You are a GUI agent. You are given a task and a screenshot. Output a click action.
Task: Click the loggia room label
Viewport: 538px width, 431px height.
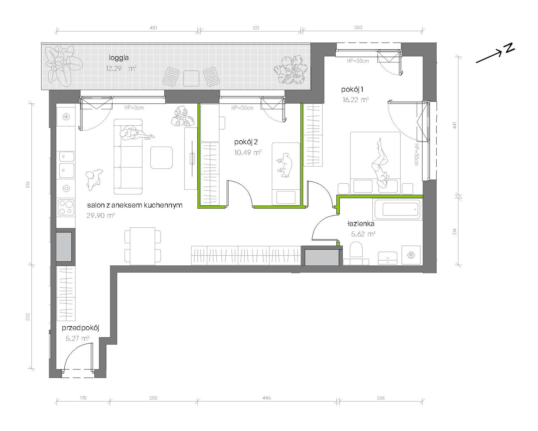click(x=119, y=58)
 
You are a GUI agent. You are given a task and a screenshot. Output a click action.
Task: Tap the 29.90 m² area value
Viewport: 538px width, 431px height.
click(x=101, y=216)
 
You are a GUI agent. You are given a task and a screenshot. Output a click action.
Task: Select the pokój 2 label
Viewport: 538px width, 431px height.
click(x=246, y=142)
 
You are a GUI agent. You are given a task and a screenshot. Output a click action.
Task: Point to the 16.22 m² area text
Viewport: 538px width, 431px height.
click(x=355, y=100)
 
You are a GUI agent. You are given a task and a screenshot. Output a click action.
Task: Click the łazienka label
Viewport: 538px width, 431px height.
click(x=361, y=224)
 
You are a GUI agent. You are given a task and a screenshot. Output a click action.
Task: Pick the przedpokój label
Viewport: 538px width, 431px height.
click(x=80, y=328)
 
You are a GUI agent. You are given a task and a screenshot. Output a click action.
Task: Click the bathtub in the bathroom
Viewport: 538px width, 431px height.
click(x=398, y=209)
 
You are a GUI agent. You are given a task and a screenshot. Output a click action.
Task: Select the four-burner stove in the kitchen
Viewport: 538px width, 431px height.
click(x=66, y=207)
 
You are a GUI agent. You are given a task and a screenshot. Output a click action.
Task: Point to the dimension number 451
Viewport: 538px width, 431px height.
click(x=153, y=28)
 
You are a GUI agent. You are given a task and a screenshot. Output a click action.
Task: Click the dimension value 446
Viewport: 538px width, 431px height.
click(x=266, y=398)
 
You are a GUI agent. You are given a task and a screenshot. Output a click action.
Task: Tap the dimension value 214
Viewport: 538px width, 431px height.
click(x=454, y=231)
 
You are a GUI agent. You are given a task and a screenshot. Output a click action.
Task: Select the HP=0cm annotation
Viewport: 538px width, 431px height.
click(x=134, y=108)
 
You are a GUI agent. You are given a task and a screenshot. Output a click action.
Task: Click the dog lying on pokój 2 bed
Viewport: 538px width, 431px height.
click(x=284, y=165)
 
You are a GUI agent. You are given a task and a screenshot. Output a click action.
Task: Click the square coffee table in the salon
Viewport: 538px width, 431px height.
click(x=161, y=158)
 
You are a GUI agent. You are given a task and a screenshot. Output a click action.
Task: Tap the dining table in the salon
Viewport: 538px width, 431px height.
click(x=142, y=246)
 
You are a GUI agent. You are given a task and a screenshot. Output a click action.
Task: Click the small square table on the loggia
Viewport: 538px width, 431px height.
click(x=191, y=78)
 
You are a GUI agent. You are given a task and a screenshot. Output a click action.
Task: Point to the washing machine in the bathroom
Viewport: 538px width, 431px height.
click(x=411, y=255)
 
